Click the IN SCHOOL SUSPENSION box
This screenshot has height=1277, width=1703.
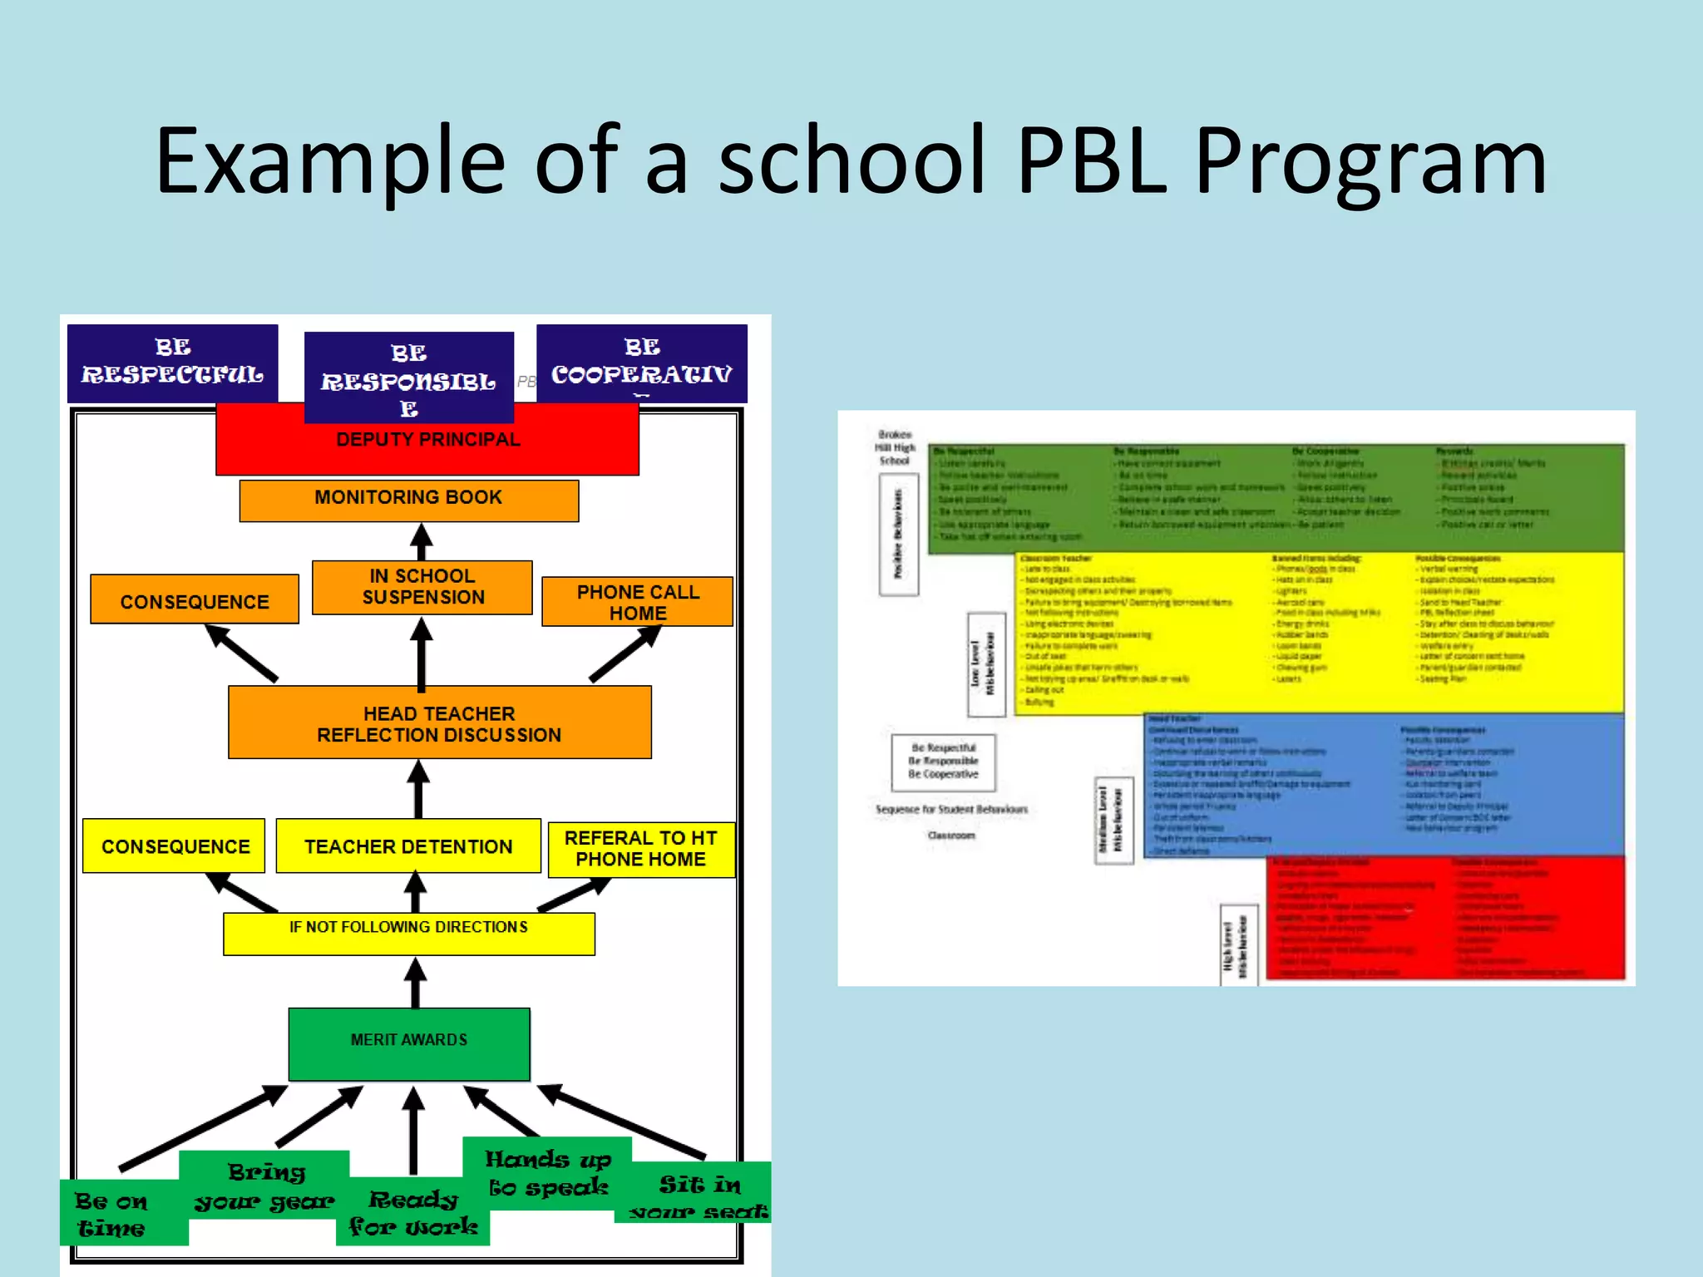point(422,587)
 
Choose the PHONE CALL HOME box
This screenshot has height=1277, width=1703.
point(637,602)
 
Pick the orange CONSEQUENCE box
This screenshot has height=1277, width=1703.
point(195,600)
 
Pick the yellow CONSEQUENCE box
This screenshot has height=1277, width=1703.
point(175,846)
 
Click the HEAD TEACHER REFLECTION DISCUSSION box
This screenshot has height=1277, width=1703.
point(439,723)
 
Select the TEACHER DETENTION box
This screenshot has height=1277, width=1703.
point(408,846)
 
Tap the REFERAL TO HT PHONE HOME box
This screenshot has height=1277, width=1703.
point(640,849)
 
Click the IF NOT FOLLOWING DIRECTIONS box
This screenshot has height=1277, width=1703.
point(408,934)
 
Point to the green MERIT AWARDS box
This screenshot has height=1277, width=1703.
point(408,1043)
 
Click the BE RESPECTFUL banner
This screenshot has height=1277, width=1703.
point(172,362)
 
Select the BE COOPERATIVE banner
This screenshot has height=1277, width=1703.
point(641,362)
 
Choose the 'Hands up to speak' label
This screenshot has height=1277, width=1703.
point(547,1173)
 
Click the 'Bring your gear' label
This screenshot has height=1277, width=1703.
point(264,1186)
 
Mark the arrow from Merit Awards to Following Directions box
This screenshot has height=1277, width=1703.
point(415,983)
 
